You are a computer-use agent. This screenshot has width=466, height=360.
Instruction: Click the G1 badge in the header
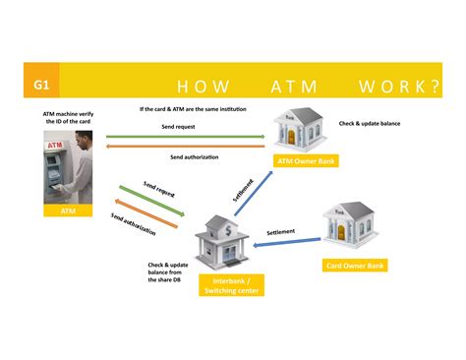[41, 85]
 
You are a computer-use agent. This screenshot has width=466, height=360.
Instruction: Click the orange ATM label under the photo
[68, 210]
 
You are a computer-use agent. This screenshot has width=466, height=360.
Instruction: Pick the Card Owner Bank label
[355, 265]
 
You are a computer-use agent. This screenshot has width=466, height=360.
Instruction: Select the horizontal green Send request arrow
[187, 136]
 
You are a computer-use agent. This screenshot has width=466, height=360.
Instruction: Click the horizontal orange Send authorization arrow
[187, 148]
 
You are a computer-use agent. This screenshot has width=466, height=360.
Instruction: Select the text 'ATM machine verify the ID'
[68, 117]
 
